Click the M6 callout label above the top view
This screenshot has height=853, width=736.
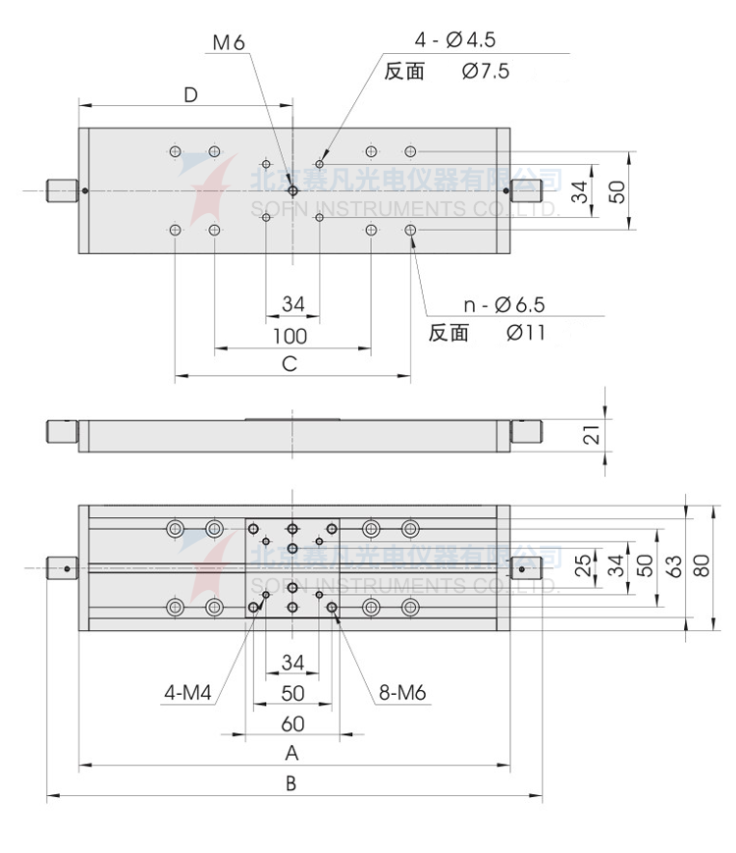pyautogui.click(x=228, y=42)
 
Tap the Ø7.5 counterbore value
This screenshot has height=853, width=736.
pyautogui.click(x=484, y=71)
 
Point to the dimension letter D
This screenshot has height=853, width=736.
pyautogui.click(x=190, y=94)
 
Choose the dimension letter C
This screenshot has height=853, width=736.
pyautogui.click(x=289, y=365)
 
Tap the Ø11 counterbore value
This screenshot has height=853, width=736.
pyautogui.click(x=526, y=333)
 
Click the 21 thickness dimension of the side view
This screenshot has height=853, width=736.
pyautogui.click(x=591, y=432)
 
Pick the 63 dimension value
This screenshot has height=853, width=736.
pyautogui.click(x=673, y=567)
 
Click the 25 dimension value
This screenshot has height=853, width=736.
pyautogui.click(x=583, y=567)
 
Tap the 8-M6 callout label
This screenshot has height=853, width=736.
pyautogui.click(x=402, y=694)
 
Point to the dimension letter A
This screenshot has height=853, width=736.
pyautogui.click(x=291, y=753)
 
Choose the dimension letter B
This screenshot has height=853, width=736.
pyautogui.click(x=291, y=783)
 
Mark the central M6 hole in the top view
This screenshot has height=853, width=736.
pyautogui.click(x=292, y=190)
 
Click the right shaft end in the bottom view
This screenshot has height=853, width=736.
pyautogui.click(x=526, y=567)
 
